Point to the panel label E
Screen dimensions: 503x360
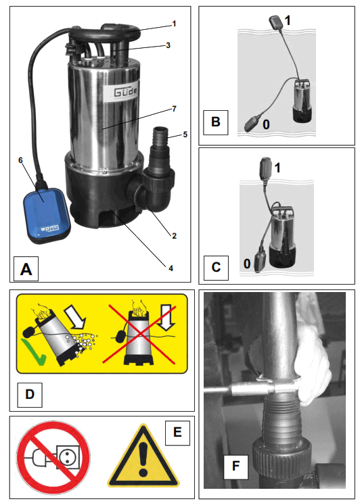[178, 431]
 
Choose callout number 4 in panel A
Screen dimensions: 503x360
[171, 268]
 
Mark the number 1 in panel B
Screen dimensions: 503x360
[287, 20]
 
